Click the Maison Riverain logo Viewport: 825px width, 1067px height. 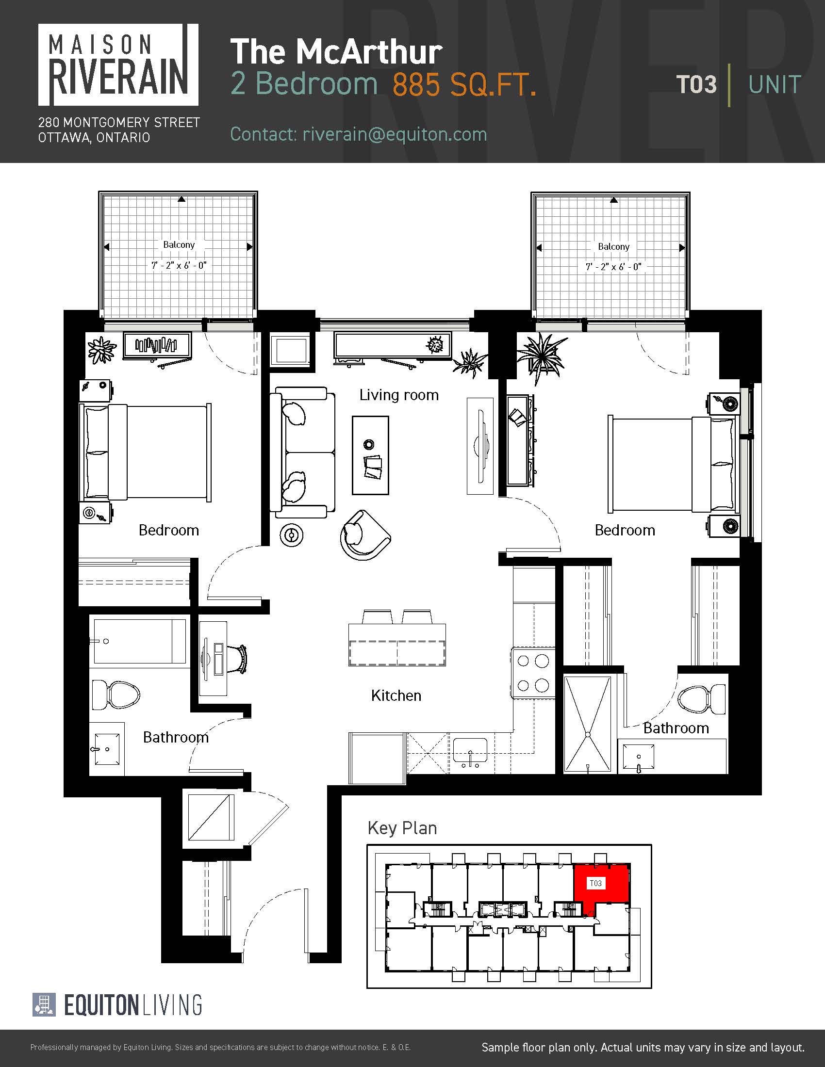point(118,65)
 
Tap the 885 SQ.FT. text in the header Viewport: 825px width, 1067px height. point(464,84)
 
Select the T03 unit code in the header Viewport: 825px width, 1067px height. point(696,84)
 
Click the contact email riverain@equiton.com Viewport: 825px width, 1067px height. point(395,134)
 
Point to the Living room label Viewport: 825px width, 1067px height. point(399,395)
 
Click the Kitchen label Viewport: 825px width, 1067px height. point(396,695)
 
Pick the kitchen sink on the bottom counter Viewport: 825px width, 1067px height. point(470,751)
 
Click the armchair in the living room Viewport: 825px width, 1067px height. point(364,535)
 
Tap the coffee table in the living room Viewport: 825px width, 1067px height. point(370,455)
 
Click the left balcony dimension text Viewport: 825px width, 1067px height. point(179,265)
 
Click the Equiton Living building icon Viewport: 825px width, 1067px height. point(44,1005)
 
